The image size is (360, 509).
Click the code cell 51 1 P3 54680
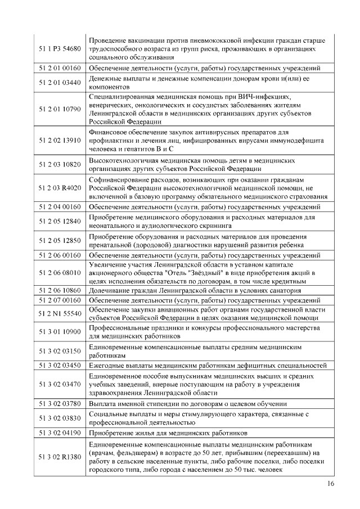tap(60, 49)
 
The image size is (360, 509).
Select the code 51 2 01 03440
tap(60, 83)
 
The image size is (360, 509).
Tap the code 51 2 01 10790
tap(60, 109)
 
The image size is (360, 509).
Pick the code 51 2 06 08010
tap(60, 272)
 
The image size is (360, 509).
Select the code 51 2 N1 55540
tap(60, 313)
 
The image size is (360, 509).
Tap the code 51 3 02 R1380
tap(60, 457)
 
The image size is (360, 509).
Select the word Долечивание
tap(111, 291)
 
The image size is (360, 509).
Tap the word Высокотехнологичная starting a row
tap(127, 161)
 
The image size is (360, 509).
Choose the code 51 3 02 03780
tap(60, 403)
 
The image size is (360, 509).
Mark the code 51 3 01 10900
tap(60, 332)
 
